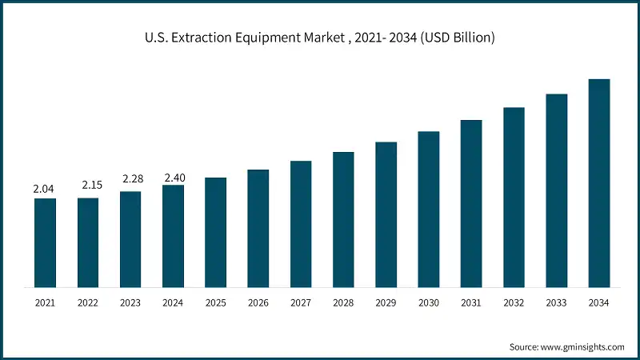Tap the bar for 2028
(x=343, y=219)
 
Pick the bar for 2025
(x=215, y=232)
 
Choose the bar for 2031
(x=471, y=203)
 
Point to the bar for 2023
(x=130, y=239)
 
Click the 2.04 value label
(x=44, y=189)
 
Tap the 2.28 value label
(x=131, y=179)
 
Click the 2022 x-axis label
(x=88, y=303)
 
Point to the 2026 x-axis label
(x=258, y=303)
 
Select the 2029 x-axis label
(x=386, y=303)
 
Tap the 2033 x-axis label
(x=557, y=303)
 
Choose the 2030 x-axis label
(x=429, y=303)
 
